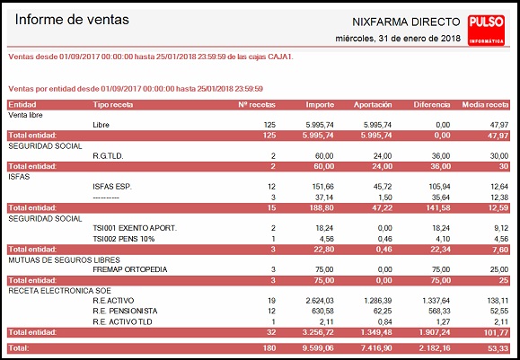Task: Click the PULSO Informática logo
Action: pos(486,31)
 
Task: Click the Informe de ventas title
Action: pos(72,20)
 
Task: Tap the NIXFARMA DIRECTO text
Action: pos(406,22)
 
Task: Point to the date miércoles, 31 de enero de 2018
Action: pos(398,38)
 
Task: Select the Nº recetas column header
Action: pos(257,105)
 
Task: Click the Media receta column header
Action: pos(485,105)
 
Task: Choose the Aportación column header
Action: pos(373,105)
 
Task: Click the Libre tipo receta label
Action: pos(101,125)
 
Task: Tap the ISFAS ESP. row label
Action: pos(112,187)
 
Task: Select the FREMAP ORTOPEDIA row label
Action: pos(130,269)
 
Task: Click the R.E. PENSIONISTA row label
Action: pos(125,311)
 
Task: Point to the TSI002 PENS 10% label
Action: pos(124,239)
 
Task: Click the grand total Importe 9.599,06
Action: pos(318,348)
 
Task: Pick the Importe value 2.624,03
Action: pos(320,301)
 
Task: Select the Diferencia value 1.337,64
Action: pos(436,301)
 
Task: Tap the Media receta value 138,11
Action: pos(498,301)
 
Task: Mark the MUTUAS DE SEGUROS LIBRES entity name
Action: pos(64,259)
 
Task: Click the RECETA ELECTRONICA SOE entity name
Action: pos(59,291)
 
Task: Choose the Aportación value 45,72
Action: pos(383,187)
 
